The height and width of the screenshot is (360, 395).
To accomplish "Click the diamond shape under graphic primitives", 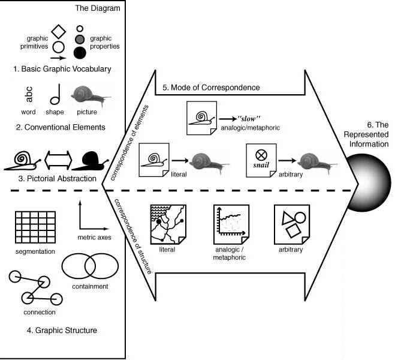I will tap(58, 31).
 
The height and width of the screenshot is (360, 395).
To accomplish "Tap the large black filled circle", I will tap(80, 53).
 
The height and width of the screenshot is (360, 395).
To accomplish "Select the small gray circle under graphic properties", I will tap(80, 40).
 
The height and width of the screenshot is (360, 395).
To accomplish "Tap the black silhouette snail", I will tap(89, 160).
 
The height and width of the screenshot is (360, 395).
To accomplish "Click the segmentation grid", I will tap(35, 225).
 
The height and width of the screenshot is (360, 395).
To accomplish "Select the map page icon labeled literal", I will tap(168, 223).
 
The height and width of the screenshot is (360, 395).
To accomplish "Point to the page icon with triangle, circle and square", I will tap(291, 223).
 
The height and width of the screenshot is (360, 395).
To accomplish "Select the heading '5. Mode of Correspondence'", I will tap(211, 88).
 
